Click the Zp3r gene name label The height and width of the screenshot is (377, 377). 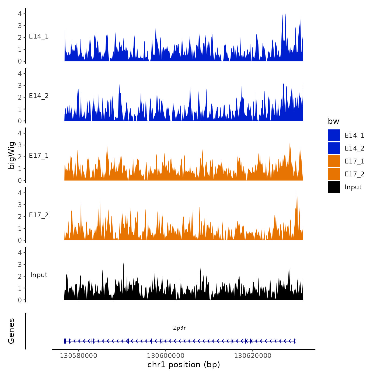(179, 328)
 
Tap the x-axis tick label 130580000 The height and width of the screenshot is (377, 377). (78, 355)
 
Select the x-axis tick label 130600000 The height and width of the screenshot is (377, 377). (166, 355)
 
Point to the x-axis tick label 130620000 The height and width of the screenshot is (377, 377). (253, 355)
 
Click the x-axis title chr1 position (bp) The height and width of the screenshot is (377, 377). (184, 365)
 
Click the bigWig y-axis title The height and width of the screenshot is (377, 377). (11, 155)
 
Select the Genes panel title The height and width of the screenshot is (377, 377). (11, 331)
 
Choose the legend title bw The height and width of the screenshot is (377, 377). (333, 121)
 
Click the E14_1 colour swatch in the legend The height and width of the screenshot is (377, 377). (334, 135)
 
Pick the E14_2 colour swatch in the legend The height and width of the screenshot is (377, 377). (334, 148)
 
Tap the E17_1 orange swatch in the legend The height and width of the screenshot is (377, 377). (334, 161)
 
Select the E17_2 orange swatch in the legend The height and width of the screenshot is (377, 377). (334, 174)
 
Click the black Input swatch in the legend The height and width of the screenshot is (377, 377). (334, 187)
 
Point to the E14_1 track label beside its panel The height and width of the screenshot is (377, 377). (39, 36)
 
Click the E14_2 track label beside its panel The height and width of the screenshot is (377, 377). (39, 96)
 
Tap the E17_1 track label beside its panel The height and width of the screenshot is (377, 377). (39, 156)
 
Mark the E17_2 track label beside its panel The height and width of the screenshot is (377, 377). (39, 215)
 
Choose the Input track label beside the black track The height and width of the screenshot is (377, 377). (39, 275)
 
